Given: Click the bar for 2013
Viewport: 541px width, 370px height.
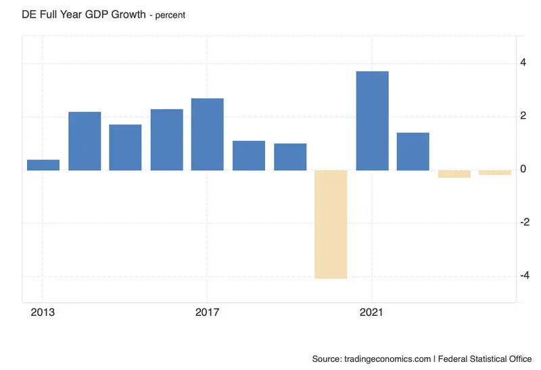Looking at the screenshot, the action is (x=43, y=165).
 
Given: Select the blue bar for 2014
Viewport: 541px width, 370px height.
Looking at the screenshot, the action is (x=85, y=141).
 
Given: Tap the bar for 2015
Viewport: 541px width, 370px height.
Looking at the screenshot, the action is (x=125, y=147).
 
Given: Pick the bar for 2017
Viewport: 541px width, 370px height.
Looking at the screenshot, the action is (x=208, y=134).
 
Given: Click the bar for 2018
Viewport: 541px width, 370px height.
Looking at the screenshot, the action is (x=249, y=156).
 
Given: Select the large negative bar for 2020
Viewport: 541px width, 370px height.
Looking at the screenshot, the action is (x=331, y=225).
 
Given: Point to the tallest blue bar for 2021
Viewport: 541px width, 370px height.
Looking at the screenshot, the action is (x=373, y=121).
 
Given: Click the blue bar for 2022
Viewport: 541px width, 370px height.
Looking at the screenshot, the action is (x=413, y=152).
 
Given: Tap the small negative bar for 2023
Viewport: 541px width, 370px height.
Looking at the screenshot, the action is (x=454, y=174).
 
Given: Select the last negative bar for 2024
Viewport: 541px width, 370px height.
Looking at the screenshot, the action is (x=495, y=172).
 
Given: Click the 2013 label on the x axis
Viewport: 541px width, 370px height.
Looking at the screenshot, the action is (x=43, y=313).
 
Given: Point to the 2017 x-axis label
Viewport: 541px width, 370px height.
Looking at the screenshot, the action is (x=207, y=313).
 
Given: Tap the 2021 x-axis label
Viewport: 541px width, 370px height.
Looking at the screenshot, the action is (x=371, y=313).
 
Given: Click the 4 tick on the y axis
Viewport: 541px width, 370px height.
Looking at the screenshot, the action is (x=523, y=62).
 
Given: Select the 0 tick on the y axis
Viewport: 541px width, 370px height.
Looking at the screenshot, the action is (x=523, y=169).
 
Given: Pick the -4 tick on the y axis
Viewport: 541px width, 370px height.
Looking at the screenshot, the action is (x=525, y=275).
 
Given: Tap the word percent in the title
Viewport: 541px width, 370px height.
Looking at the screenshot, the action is (x=170, y=16).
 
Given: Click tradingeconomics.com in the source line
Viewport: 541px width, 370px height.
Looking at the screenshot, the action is (x=387, y=359).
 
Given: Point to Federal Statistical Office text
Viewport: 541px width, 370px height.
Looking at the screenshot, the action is (x=485, y=359).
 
